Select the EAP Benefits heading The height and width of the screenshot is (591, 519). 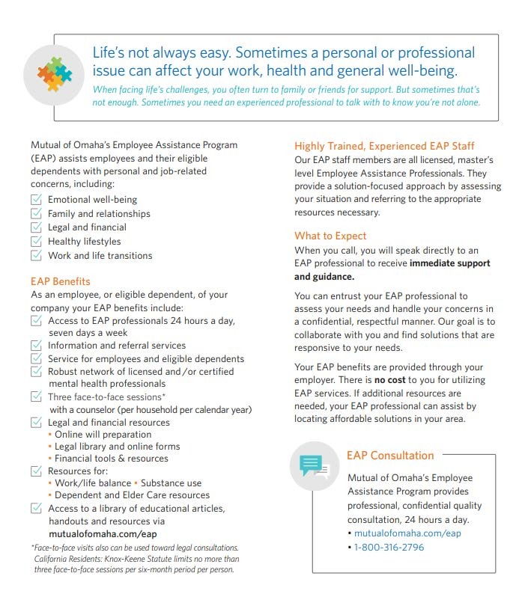click(61, 281)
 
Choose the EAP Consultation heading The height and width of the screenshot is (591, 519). click(390, 455)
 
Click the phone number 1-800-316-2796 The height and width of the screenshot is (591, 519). click(389, 547)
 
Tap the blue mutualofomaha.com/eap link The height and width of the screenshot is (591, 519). click(407, 533)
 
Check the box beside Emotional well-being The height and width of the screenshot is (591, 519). click(36, 200)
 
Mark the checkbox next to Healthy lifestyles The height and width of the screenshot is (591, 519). click(36, 242)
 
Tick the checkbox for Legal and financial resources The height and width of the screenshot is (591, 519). click(36, 422)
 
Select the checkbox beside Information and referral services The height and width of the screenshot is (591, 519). click(36, 346)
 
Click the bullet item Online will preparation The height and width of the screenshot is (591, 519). click(102, 434)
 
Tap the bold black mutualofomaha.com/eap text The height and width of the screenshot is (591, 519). click(103, 534)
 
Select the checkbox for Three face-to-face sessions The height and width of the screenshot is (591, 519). click(36, 396)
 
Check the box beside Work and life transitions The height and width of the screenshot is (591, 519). click(36, 255)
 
